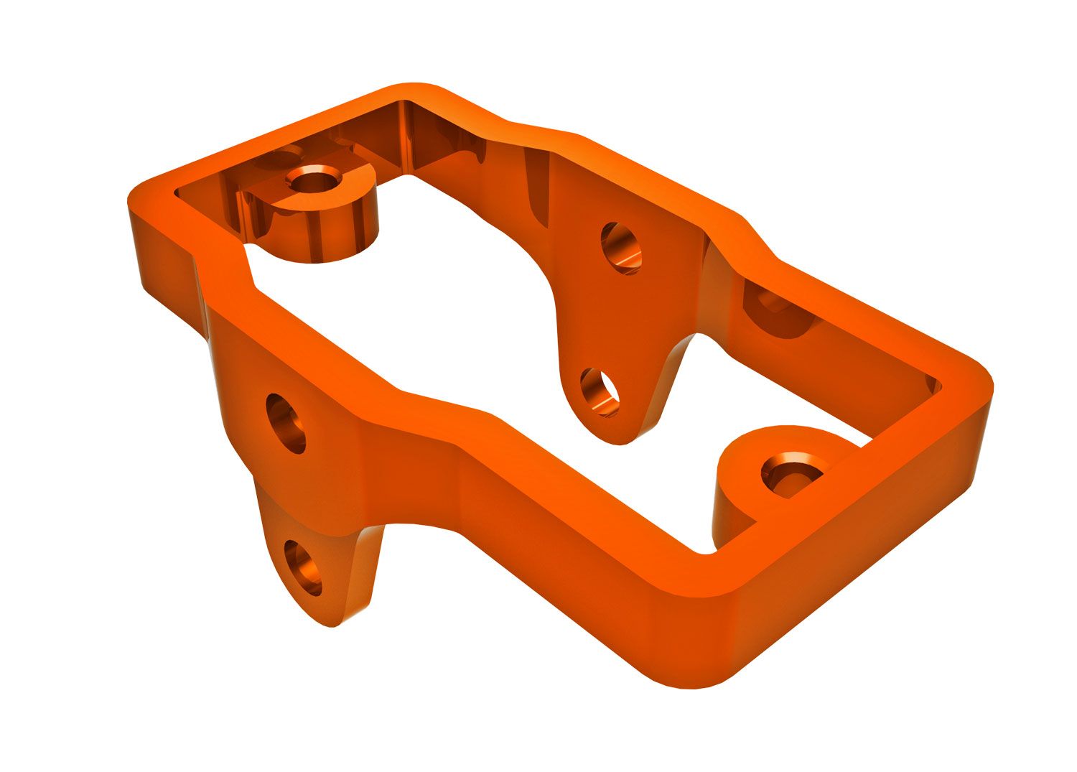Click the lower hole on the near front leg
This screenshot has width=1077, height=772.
(302, 568)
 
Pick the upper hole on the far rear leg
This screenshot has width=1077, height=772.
(620, 248)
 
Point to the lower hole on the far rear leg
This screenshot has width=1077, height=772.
(600, 393)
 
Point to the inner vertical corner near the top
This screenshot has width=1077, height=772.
(406, 133)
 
